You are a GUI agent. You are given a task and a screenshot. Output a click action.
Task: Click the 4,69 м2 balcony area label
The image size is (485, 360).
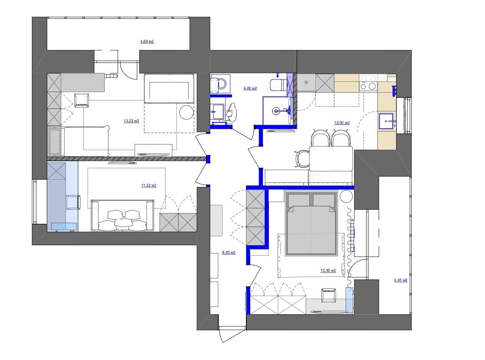(x=147, y=41)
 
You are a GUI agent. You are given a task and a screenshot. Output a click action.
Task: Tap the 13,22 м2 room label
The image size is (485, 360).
(x=131, y=121)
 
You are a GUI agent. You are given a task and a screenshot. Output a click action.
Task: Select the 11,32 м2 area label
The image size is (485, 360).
(x=149, y=185)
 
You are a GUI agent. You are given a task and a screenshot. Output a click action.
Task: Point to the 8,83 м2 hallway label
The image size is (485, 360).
(x=229, y=253)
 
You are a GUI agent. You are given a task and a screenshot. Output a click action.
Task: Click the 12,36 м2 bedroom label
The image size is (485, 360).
(x=328, y=271)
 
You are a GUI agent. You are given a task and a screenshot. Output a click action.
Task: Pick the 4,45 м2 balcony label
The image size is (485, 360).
(x=401, y=280)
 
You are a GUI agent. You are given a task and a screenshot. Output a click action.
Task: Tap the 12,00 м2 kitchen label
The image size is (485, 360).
(x=342, y=123)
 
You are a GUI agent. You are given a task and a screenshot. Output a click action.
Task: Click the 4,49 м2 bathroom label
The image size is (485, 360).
(x=250, y=88)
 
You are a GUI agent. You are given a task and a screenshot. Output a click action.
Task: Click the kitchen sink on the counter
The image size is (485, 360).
(x=387, y=121)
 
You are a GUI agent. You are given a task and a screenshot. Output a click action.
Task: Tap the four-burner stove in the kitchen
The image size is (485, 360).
(x=368, y=83)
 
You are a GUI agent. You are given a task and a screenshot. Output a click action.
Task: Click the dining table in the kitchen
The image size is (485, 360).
(x=331, y=159)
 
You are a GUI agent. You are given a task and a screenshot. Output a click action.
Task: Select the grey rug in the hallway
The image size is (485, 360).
(x=216, y=220)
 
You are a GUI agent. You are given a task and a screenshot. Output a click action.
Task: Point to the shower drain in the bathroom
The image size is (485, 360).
(x=276, y=111)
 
